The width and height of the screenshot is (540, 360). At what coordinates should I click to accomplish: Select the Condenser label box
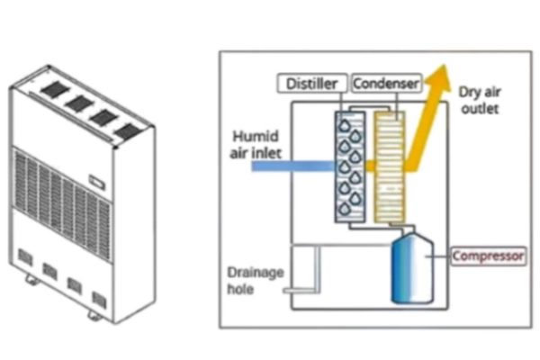click(387, 84)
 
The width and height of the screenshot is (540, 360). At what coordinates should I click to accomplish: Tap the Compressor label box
click(488, 256)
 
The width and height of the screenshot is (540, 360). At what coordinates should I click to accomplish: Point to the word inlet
click(263, 154)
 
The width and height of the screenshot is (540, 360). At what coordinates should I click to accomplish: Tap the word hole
click(241, 289)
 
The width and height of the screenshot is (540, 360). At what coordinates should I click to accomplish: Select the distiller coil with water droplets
click(349, 168)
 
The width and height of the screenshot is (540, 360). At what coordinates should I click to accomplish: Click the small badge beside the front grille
click(97, 186)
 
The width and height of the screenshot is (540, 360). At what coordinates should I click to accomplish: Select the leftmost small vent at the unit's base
click(25, 258)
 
